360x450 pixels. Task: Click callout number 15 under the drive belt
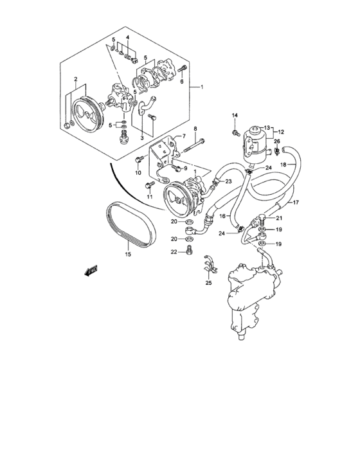[x=127, y=255]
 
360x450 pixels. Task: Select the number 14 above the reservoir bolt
[x=235, y=116]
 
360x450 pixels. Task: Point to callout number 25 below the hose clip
[x=208, y=283]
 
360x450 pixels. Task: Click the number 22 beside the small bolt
[x=174, y=251]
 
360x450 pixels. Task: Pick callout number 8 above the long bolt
[x=195, y=130]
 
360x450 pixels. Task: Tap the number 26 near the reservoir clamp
[x=277, y=141]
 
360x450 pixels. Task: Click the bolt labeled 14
[x=237, y=132]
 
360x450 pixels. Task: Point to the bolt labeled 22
[x=188, y=250]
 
